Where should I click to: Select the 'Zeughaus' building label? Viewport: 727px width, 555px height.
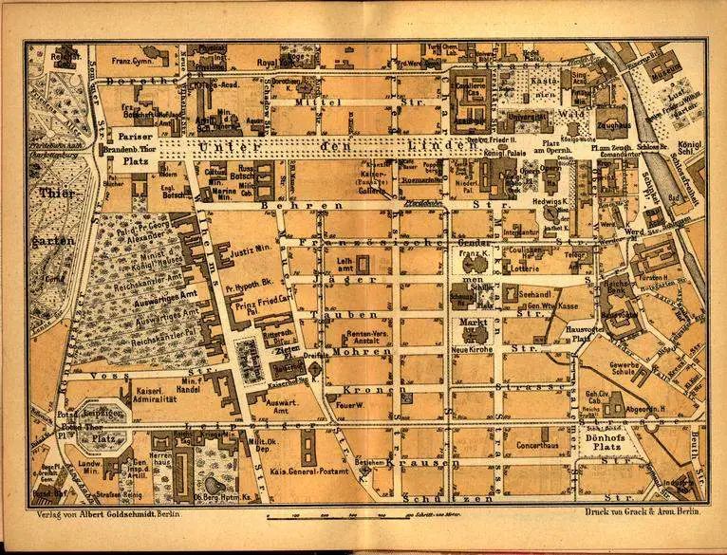612,124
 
